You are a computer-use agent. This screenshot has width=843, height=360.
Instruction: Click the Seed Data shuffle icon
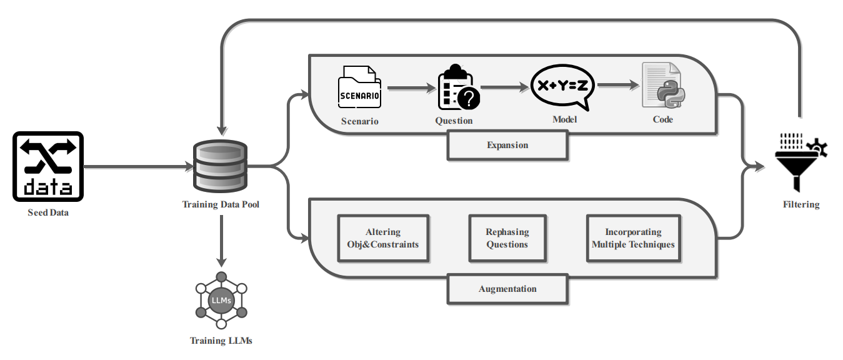click(48, 166)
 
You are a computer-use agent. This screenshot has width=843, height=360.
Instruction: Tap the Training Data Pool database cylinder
click(221, 166)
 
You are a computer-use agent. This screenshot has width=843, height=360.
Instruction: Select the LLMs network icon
click(221, 301)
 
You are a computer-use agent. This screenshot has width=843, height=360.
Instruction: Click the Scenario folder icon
click(360, 87)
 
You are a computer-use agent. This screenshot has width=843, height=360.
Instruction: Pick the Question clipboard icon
click(459, 87)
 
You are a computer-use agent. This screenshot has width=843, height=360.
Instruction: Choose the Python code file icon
click(663, 85)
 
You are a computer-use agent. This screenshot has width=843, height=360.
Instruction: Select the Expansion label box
click(507, 146)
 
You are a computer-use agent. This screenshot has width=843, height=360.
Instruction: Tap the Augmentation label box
click(507, 289)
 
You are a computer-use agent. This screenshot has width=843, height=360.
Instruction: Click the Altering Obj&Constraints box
click(383, 238)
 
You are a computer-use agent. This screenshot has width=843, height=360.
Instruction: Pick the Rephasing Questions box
click(507, 238)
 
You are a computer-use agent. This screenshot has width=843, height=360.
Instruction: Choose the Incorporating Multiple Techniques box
click(634, 238)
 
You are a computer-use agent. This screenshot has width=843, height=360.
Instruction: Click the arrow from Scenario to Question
click(411, 88)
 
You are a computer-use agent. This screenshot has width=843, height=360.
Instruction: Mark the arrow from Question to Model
click(505, 87)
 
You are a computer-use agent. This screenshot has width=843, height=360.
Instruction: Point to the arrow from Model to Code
click(619, 85)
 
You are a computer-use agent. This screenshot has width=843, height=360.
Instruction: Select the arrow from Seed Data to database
click(139, 166)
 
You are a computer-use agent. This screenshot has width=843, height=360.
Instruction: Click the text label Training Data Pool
click(221, 204)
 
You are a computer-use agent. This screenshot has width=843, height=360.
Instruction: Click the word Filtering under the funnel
click(801, 204)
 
